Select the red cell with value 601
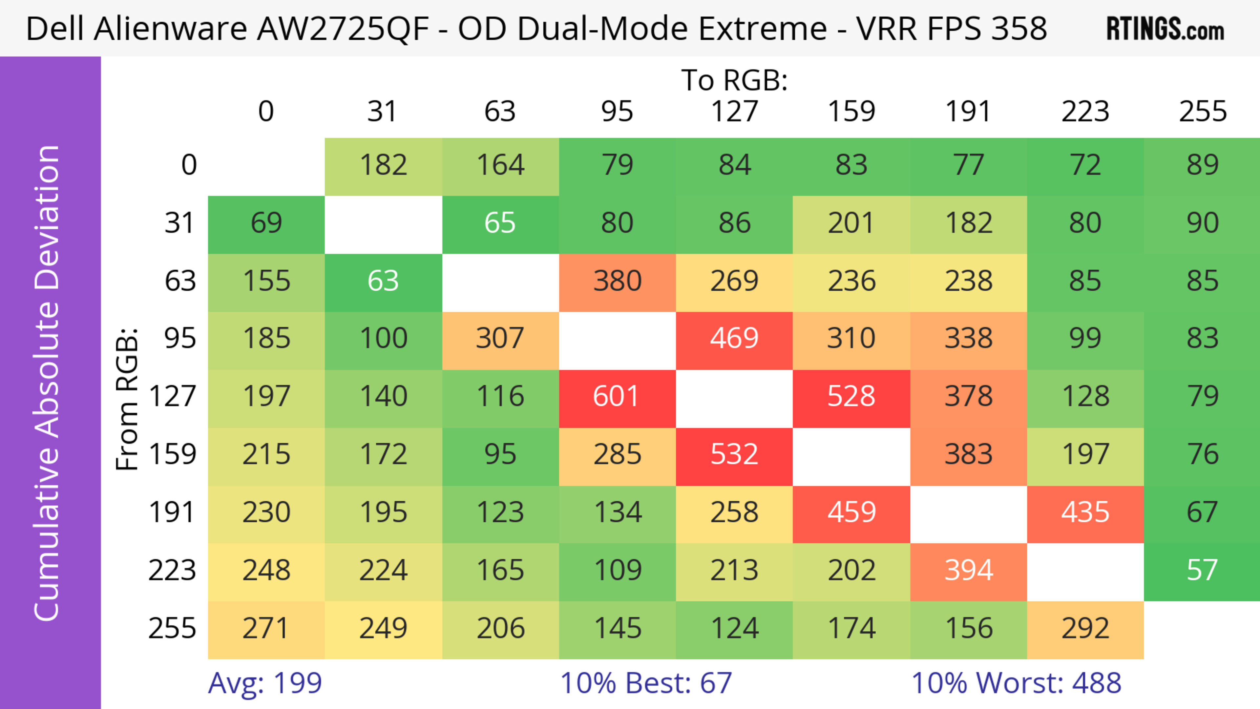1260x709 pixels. [617, 396]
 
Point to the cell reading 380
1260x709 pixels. [617, 281]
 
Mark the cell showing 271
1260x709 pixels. [266, 628]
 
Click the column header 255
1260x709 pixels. [1202, 112]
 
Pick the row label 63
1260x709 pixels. [180, 281]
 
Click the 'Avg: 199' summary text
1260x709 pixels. [264, 683]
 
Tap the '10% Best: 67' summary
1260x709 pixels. [646, 683]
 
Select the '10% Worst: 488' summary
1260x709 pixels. [1016, 683]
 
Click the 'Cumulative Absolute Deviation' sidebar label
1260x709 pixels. [48, 383]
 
